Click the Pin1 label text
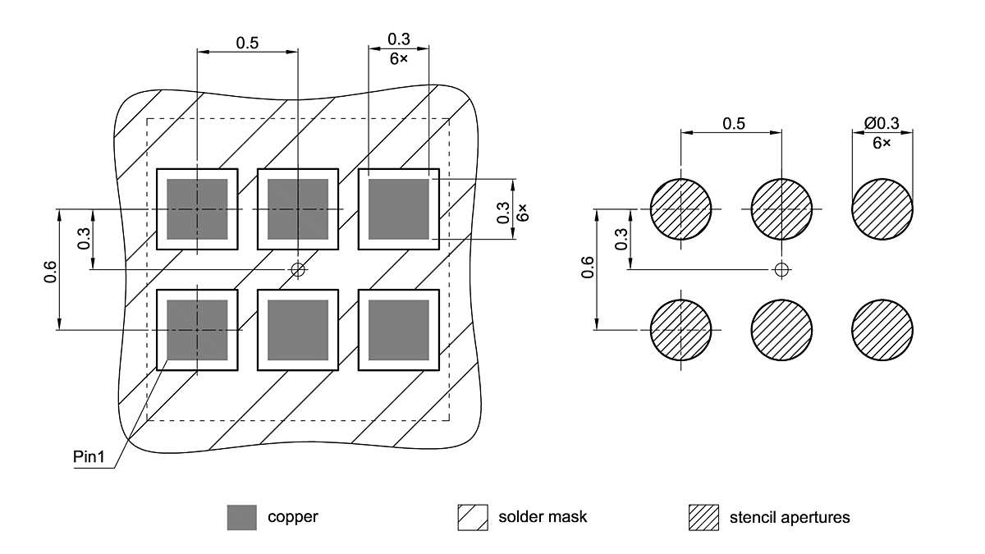pyautogui.click(x=91, y=457)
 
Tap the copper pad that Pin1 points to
pyautogui.click(x=197, y=330)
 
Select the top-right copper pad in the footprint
pyautogui.click(x=399, y=209)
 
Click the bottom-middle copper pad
pyautogui.click(x=298, y=330)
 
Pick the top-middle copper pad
pyautogui.click(x=298, y=209)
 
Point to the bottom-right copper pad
pyautogui.click(x=399, y=330)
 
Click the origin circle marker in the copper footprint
pyautogui.click(x=298, y=269)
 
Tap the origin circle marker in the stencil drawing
pyautogui.click(x=781, y=269)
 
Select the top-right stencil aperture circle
pyautogui.click(x=882, y=209)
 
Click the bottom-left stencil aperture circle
pyautogui.click(x=680, y=330)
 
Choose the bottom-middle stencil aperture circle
pyautogui.click(x=781, y=330)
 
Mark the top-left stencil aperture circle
pyautogui.click(x=680, y=209)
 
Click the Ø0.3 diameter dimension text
pyautogui.click(x=882, y=124)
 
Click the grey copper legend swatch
pyautogui.click(x=242, y=518)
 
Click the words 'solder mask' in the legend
pyautogui.click(x=543, y=517)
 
